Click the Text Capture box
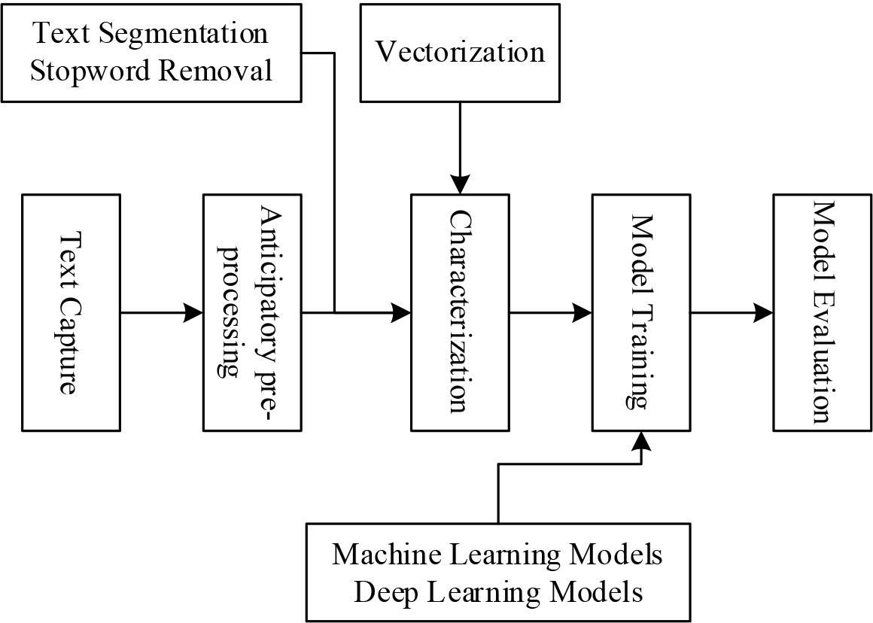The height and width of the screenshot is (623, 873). [x=71, y=312]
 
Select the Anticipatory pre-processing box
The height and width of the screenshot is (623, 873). [x=252, y=312]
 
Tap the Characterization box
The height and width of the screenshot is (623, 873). [x=459, y=312]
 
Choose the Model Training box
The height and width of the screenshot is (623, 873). [x=640, y=312]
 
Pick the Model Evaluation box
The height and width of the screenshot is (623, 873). [x=822, y=312]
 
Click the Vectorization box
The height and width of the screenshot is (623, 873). [x=460, y=52]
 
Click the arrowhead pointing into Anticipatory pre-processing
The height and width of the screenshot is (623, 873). [x=194, y=312]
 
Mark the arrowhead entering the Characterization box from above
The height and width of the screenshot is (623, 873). [x=460, y=185]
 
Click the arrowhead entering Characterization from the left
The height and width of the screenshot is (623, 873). [x=401, y=312]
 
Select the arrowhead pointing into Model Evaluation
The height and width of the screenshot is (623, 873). [x=764, y=312]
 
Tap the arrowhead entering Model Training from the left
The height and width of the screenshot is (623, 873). [x=583, y=312]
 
